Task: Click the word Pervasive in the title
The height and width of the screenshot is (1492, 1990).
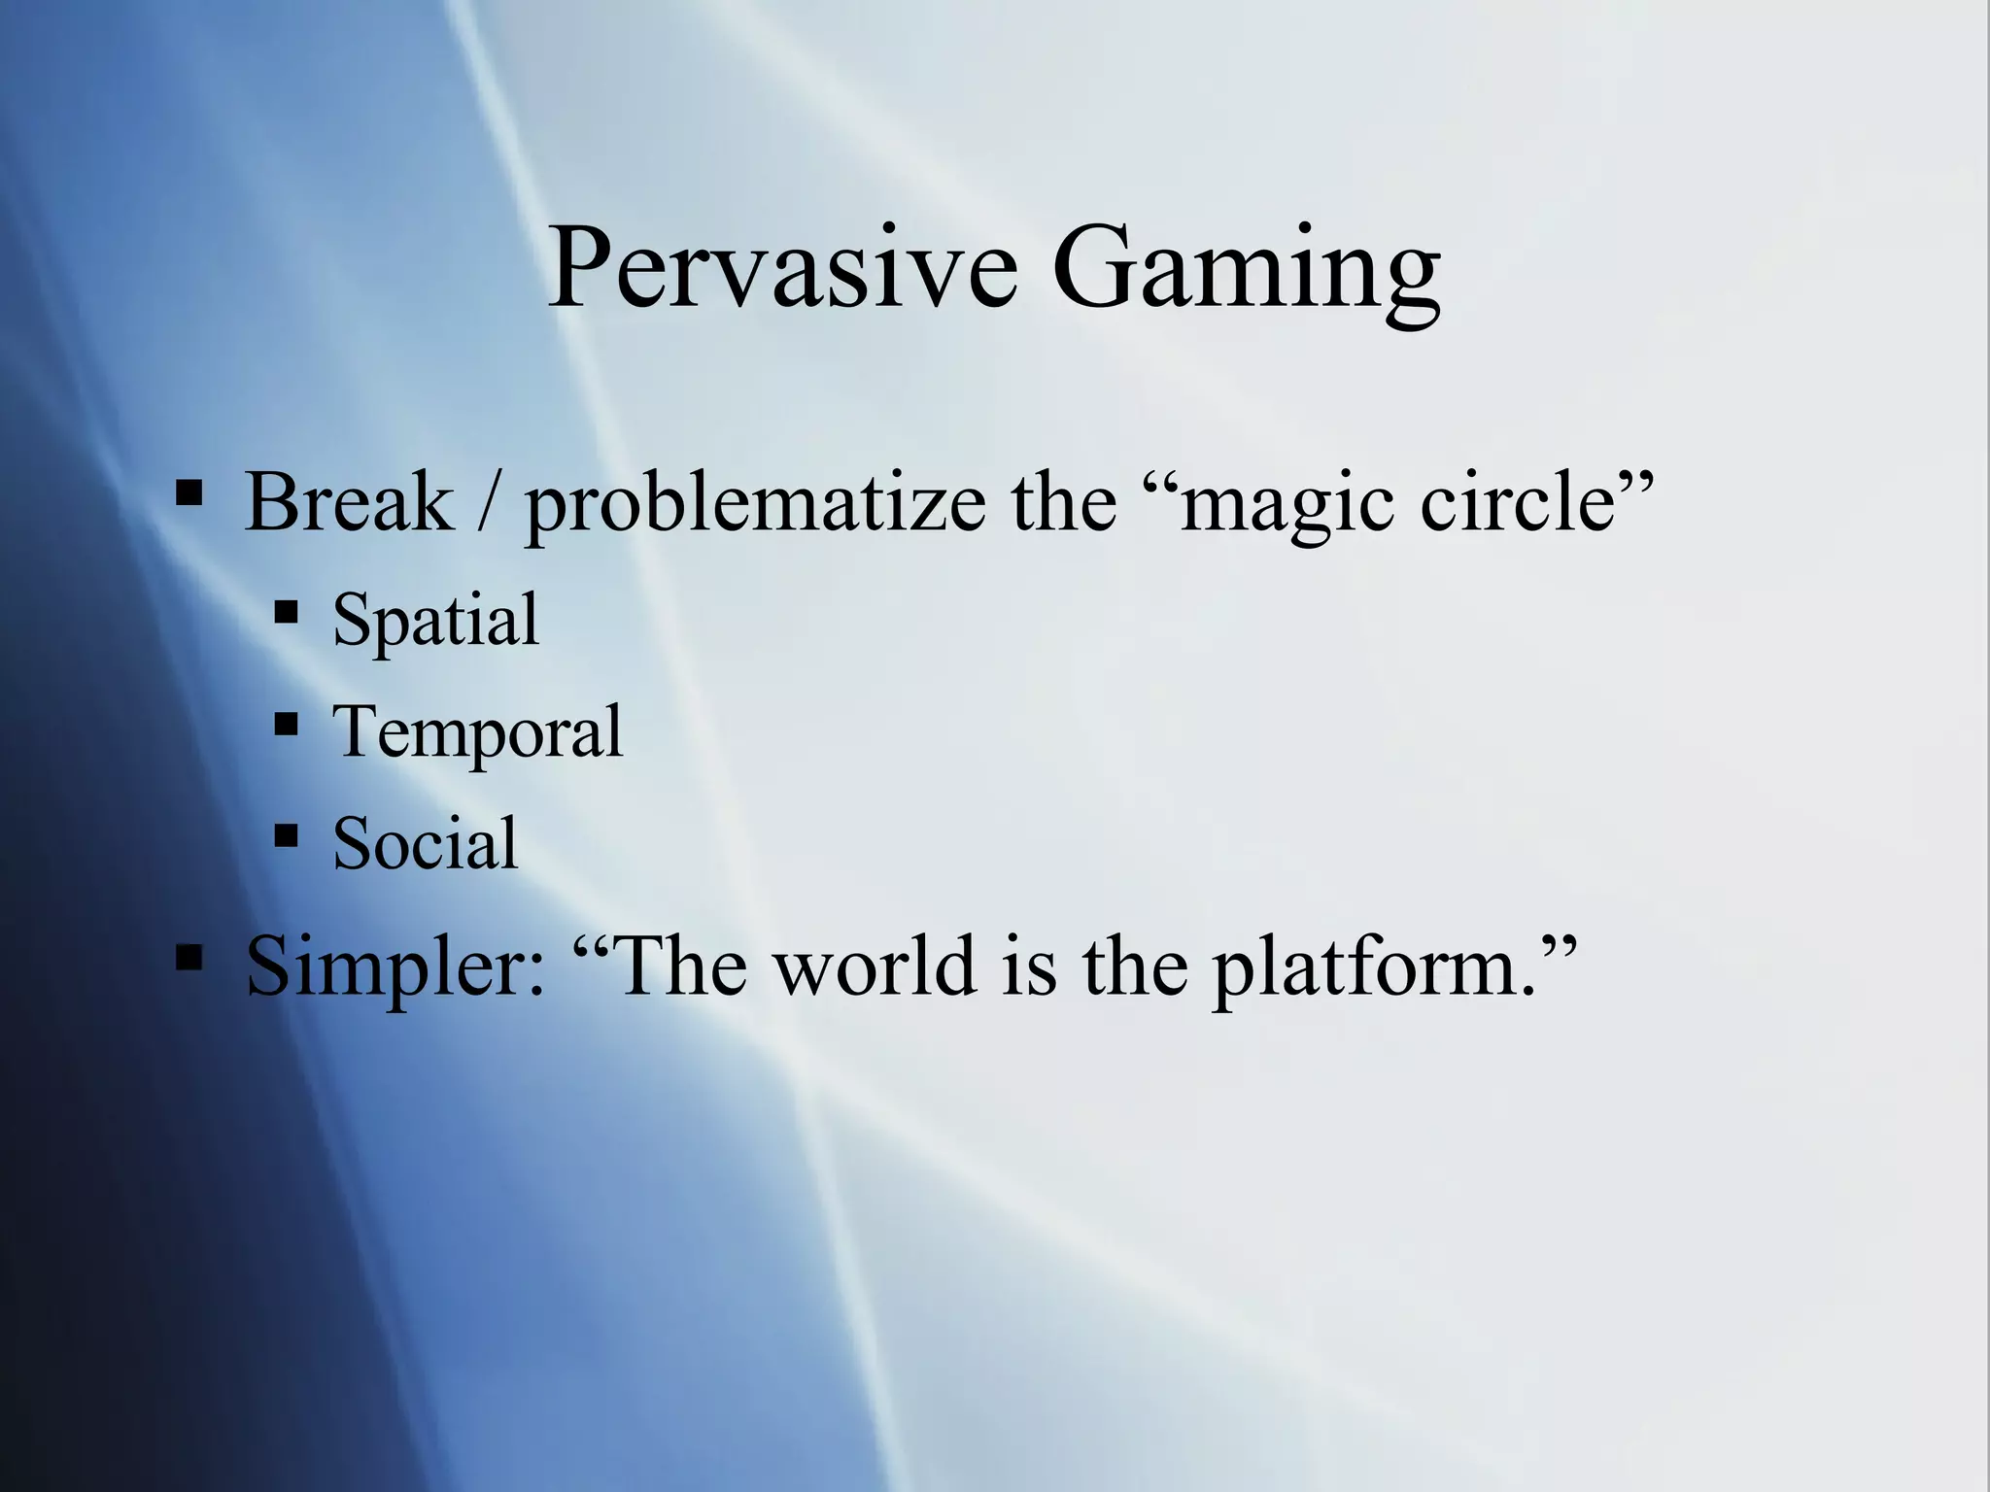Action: [782, 267]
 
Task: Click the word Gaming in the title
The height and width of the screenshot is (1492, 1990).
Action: [1245, 272]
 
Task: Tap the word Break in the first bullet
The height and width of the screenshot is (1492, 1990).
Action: [349, 502]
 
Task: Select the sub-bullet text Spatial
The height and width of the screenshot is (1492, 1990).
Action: [435, 620]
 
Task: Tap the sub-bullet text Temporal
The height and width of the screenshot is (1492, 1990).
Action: [477, 732]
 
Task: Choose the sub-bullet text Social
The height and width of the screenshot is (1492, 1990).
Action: [426, 843]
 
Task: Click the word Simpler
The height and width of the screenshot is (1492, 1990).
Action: [395, 967]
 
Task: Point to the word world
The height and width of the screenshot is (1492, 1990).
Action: [875, 966]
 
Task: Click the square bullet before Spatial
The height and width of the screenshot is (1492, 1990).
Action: [286, 612]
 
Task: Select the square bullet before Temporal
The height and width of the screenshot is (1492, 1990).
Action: [286, 724]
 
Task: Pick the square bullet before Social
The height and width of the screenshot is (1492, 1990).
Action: [286, 834]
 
